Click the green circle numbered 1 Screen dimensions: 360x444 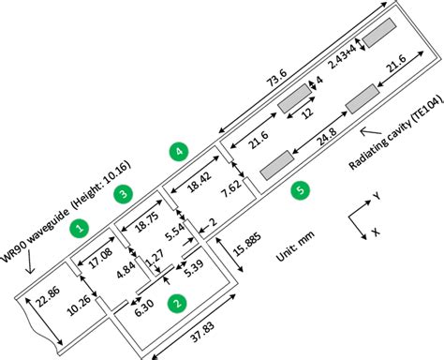coord(81,227)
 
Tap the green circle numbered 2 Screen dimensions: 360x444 coord(174,303)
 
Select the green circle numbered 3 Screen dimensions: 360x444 coord(122,193)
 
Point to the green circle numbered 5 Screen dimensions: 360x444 coord(299,189)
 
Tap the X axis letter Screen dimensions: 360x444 coord(376,232)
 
